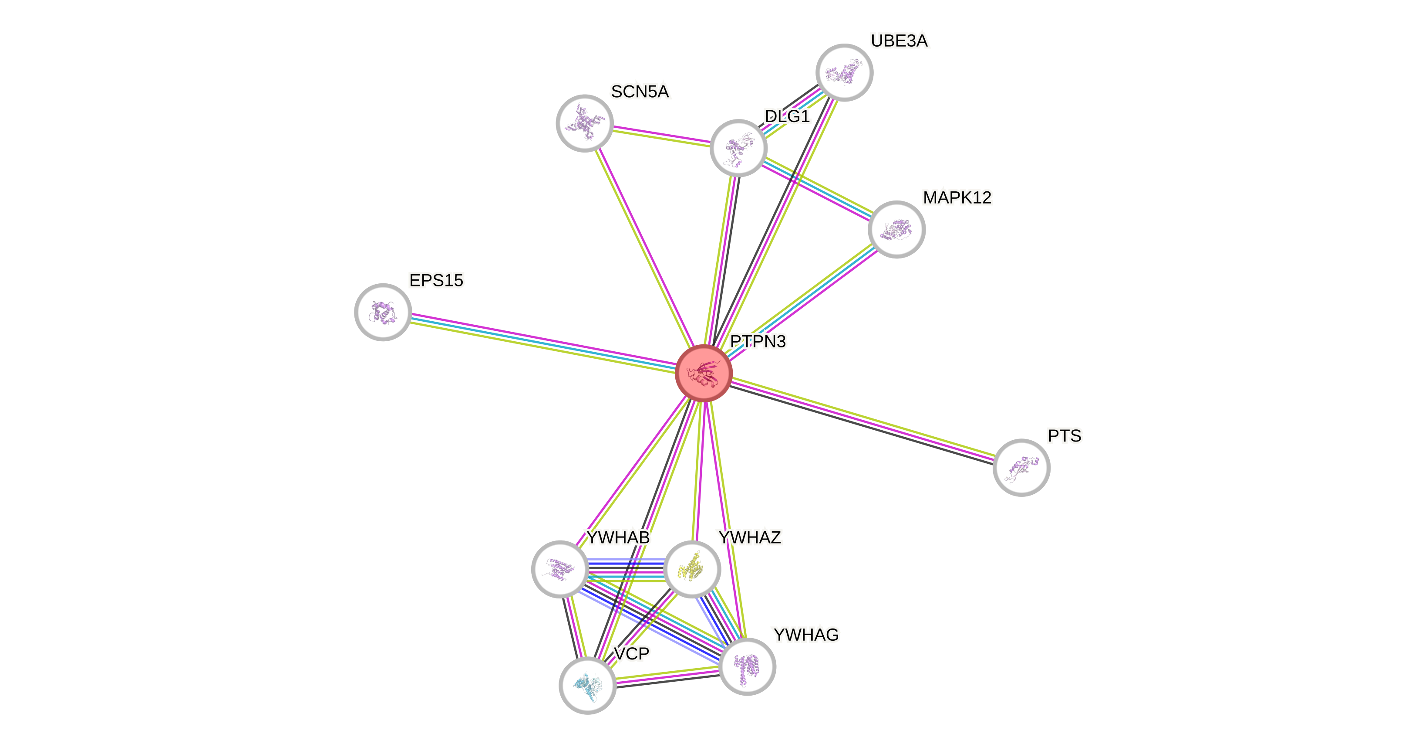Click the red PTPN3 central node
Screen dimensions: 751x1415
(x=704, y=373)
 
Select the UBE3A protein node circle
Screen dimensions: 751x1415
(x=844, y=72)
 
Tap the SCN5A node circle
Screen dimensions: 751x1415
(x=584, y=123)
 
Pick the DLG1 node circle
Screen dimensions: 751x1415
(x=738, y=148)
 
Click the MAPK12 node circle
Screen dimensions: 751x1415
(x=896, y=229)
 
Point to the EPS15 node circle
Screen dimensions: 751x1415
(x=383, y=312)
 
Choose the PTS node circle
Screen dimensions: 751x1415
(x=1021, y=467)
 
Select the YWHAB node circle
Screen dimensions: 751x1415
(x=560, y=569)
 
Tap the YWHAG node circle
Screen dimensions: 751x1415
(x=747, y=666)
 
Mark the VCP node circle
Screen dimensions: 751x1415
(x=587, y=685)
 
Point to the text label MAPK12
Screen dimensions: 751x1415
(x=957, y=197)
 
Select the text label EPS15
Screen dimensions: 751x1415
(x=436, y=280)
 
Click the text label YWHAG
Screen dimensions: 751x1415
(x=806, y=635)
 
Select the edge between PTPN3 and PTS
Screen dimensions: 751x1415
(x=862, y=420)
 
